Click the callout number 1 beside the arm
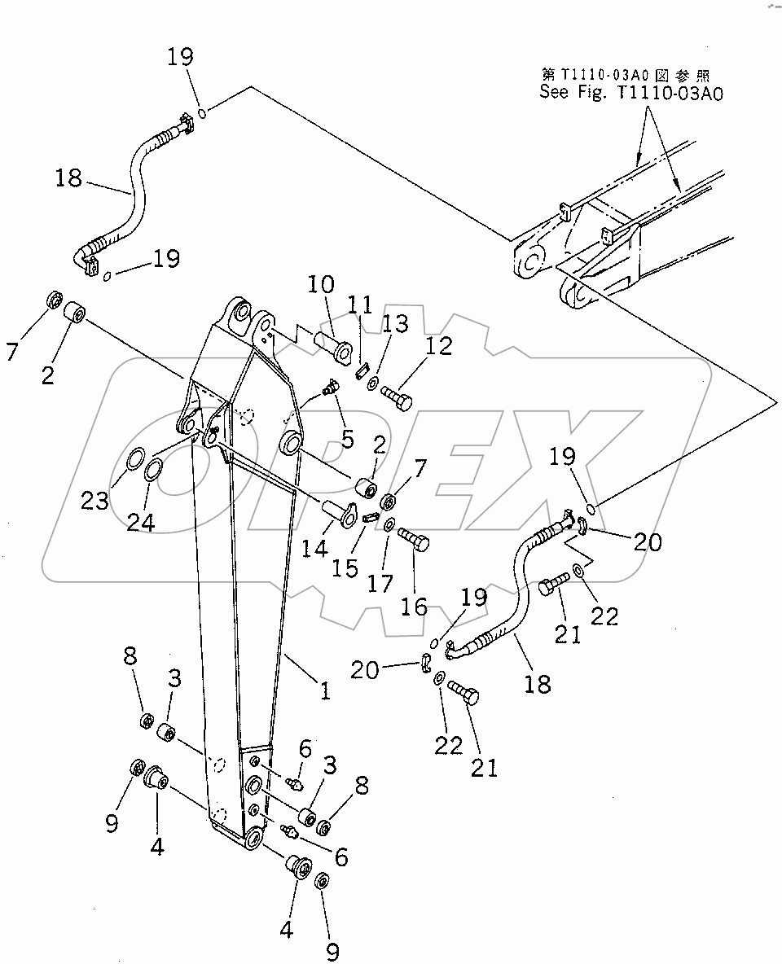click(x=324, y=691)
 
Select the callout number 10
click(x=321, y=285)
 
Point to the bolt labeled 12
click(x=397, y=398)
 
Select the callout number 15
click(x=345, y=567)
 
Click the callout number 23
click(x=95, y=500)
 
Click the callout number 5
click(x=347, y=439)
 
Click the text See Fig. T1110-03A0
click(x=630, y=93)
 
